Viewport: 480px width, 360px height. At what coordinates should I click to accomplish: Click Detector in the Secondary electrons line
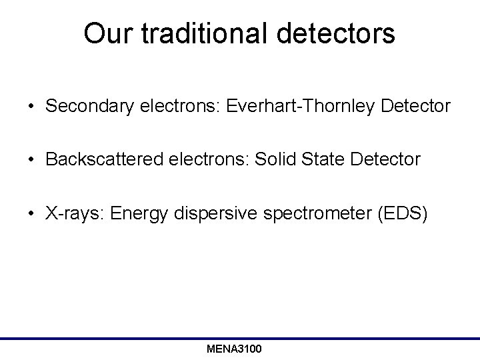click(x=411, y=106)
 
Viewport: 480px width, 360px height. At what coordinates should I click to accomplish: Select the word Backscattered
click(x=99, y=159)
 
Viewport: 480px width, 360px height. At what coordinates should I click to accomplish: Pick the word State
click(x=317, y=159)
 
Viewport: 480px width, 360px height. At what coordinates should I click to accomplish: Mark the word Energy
click(x=131, y=213)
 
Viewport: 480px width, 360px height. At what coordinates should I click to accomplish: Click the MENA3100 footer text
click(x=234, y=349)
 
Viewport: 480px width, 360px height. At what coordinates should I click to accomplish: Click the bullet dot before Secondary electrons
click(x=32, y=107)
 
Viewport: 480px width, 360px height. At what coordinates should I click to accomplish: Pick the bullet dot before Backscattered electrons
click(x=32, y=160)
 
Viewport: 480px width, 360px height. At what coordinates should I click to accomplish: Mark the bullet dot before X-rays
click(x=32, y=214)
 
